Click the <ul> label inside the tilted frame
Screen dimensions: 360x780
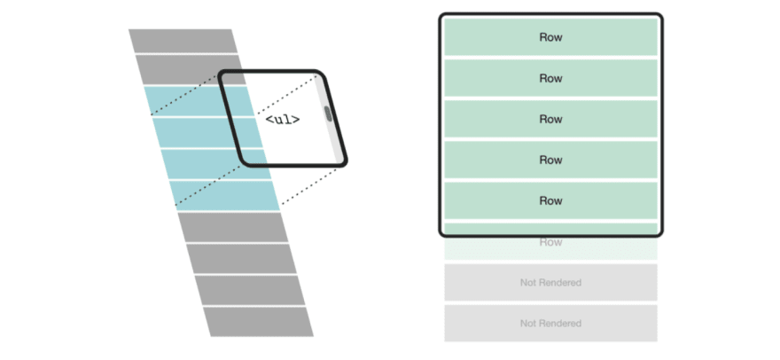283,119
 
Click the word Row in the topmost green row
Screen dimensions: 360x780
550,37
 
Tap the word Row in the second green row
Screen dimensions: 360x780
550,78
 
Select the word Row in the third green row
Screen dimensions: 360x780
550,119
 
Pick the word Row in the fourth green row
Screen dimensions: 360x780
550,160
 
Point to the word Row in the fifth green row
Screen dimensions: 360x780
550,200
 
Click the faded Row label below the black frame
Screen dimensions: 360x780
550,242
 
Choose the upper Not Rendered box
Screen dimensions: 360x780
550,283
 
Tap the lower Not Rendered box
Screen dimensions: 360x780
550,324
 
